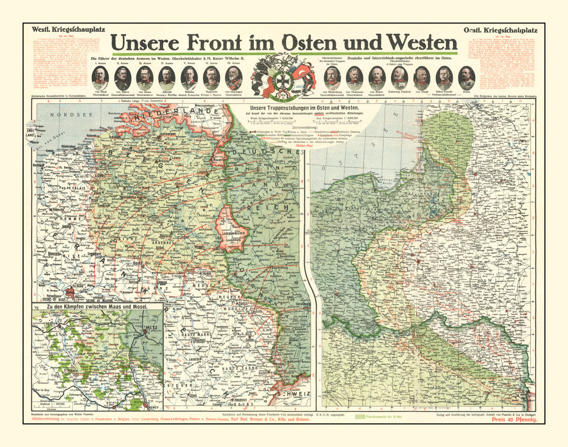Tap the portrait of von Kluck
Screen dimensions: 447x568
(100, 78)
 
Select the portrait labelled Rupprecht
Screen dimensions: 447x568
(211, 78)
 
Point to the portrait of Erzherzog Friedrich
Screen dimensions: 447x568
(400, 78)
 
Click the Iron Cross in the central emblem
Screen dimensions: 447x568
(283, 77)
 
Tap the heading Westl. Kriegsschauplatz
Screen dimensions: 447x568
(62, 29)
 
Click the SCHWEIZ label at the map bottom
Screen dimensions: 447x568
(294, 394)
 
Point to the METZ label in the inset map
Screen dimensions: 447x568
(151, 327)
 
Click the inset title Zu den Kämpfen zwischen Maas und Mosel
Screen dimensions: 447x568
(97, 307)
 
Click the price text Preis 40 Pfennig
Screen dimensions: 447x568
(514, 420)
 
